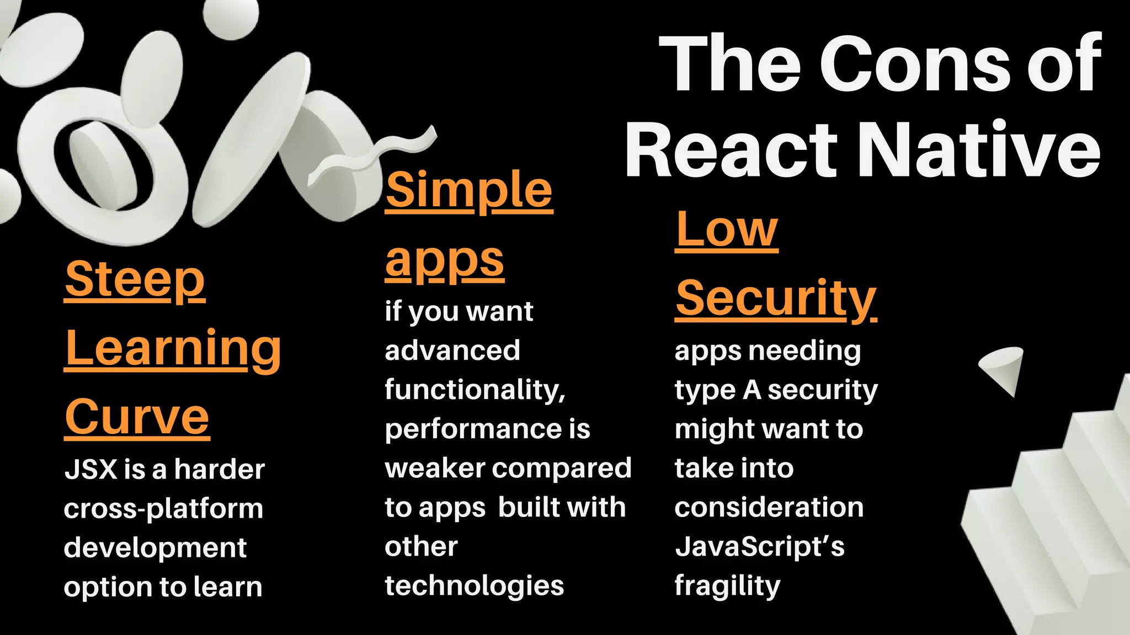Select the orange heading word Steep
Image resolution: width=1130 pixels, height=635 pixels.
[x=135, y=279]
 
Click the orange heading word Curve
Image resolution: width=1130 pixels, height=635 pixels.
[x=137, y=417]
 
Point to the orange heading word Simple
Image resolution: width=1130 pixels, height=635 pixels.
[x=469, y=190]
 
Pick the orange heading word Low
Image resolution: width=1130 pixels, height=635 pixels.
[x=727, y=230]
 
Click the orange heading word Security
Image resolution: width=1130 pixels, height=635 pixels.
[x=776, y=298]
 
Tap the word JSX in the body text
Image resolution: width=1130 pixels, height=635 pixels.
[x=91, y=470]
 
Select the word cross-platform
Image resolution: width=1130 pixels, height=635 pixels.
[x=163, y=509]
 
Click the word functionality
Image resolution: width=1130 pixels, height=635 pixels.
[x=475, y=390]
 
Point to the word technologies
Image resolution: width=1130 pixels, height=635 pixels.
[x=475, y=586]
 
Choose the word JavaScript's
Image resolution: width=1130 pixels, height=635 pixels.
[x=760, y=547]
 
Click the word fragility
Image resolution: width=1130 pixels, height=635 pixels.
[x=727, y=586]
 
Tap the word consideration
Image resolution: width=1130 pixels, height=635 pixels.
[x=769, y=508]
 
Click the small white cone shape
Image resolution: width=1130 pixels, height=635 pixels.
[x=1004, y=368]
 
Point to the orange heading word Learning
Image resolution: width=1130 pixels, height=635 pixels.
[x=173, y=349]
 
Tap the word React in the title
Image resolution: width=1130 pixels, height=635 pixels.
[x=731, y=150]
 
